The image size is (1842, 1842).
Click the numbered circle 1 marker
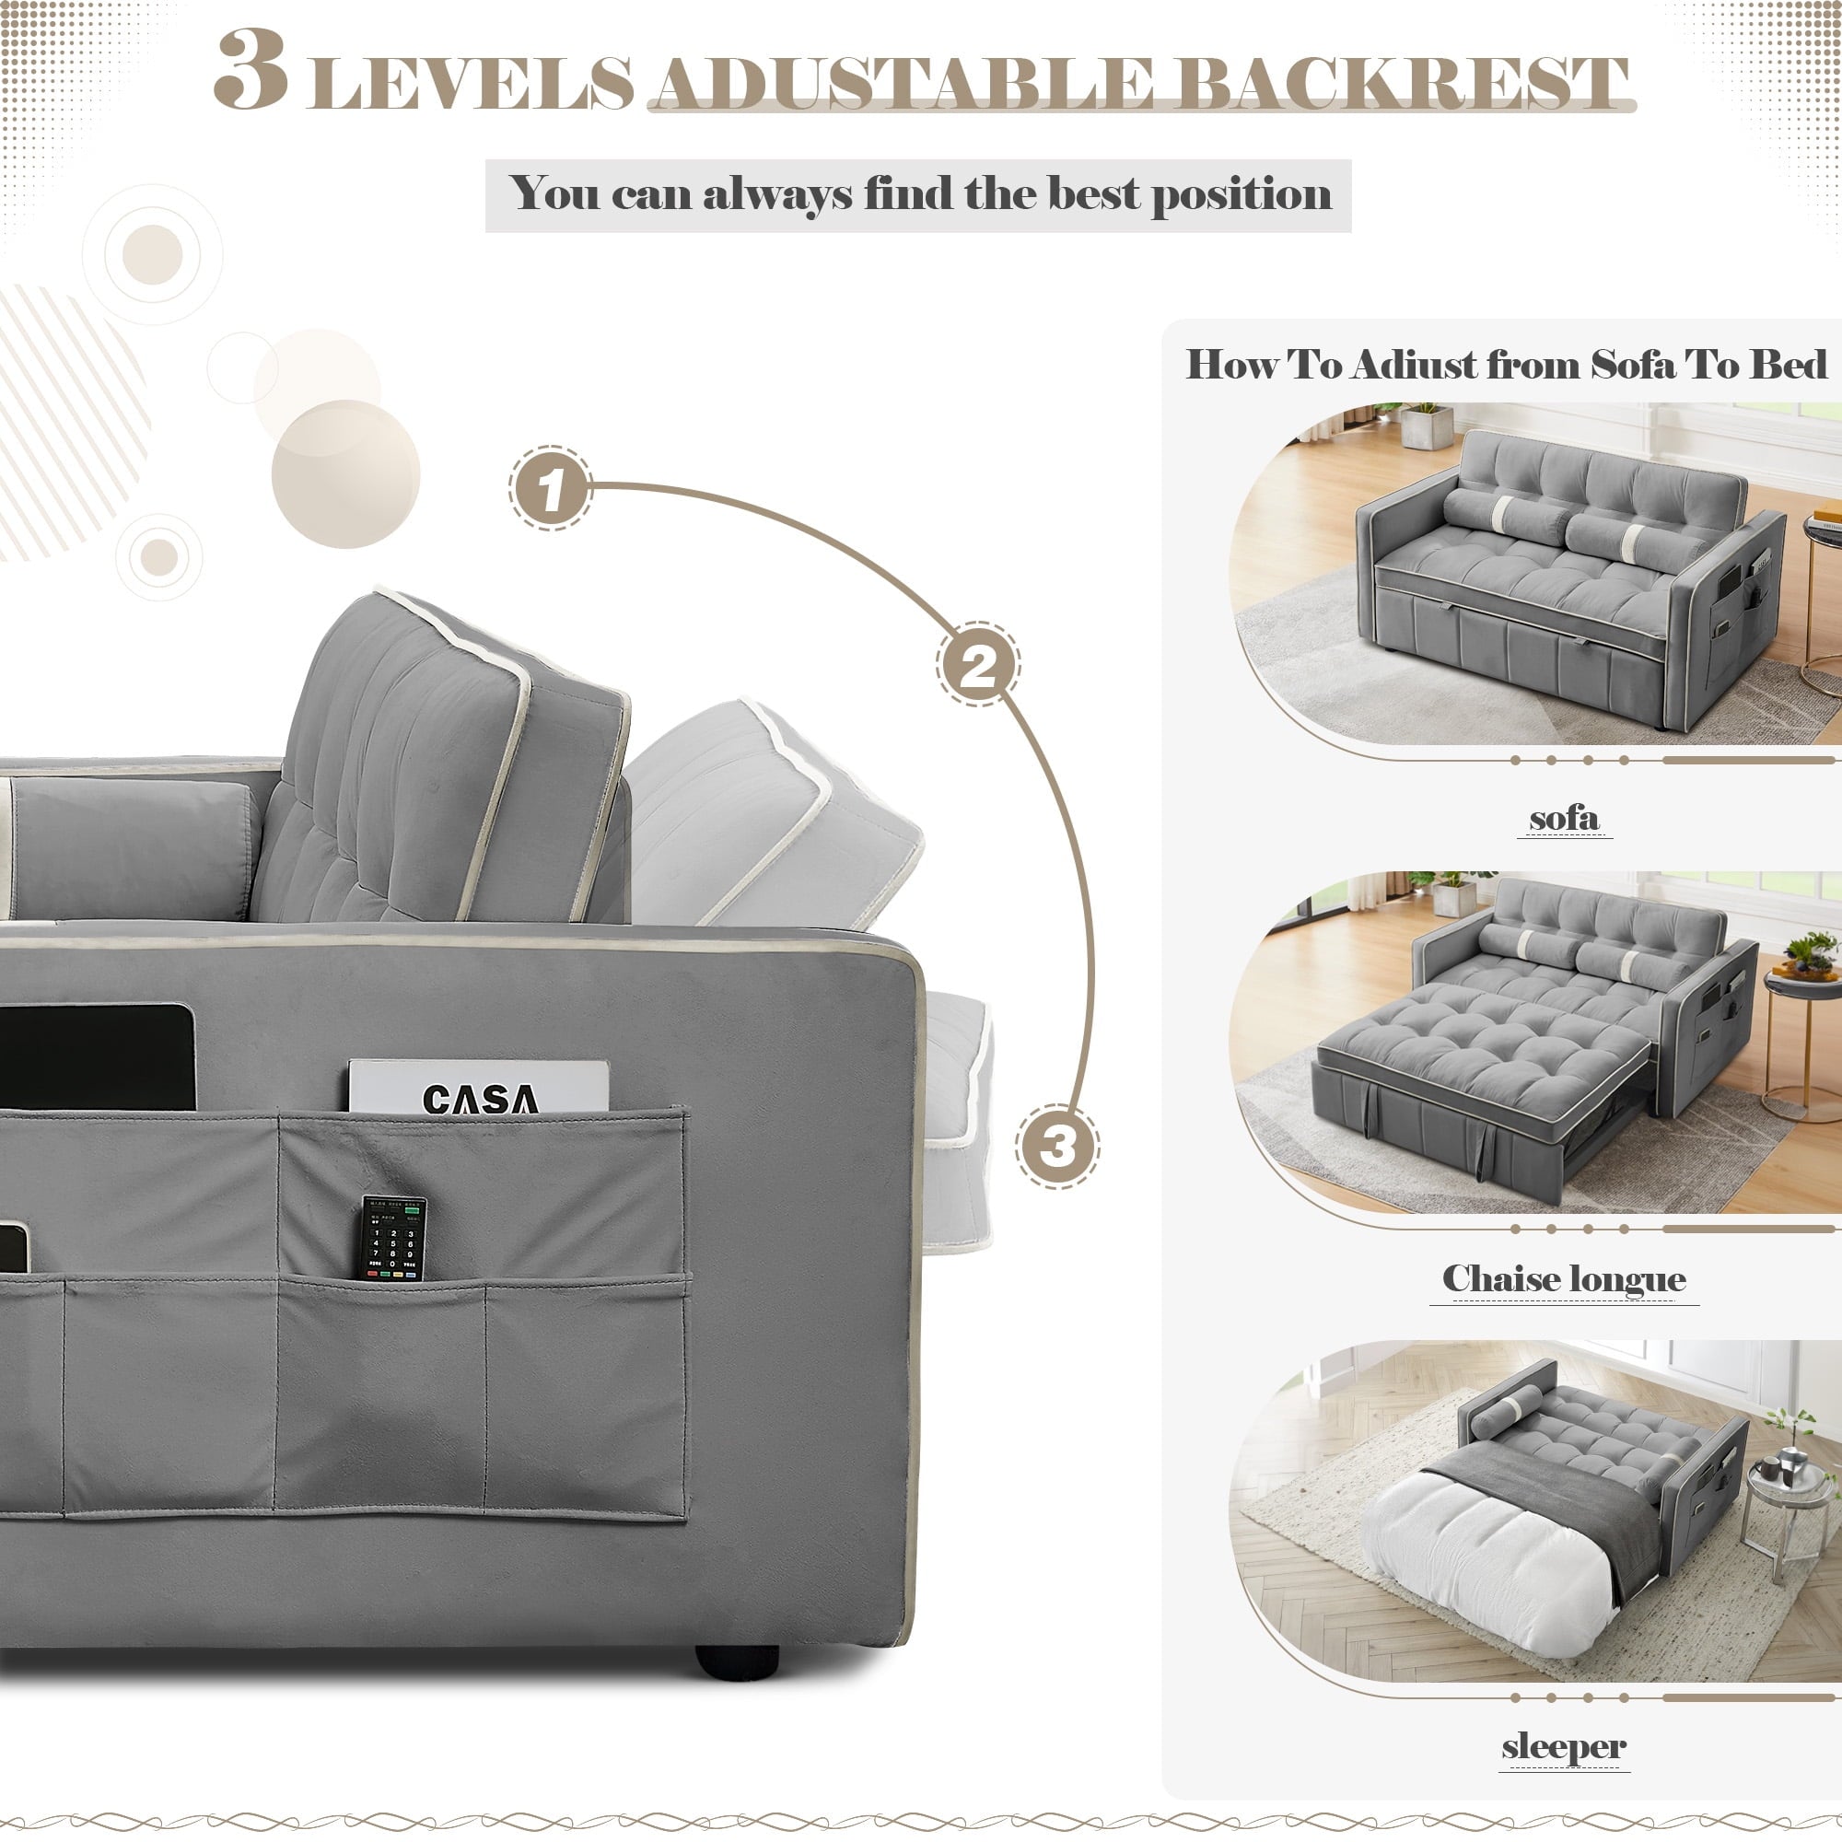[x=550, y=488]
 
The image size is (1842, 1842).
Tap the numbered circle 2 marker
[x=977, y=665]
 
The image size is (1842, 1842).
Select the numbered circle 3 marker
[x=1056, y=1145]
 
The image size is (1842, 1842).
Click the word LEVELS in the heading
[x=471, y=84]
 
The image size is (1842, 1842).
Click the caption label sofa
[x=1564, y=818]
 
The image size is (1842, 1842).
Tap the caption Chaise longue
[x=1564, y=1277]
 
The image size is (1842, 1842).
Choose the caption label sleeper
[x=1563, y=1746]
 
